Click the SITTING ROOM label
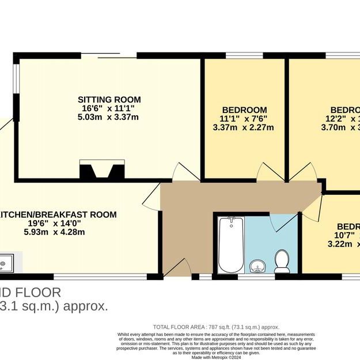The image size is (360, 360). (x=109, y=100)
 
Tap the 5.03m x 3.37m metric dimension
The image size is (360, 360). (x=109, y=118)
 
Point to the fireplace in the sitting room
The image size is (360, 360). (x=102, y=170)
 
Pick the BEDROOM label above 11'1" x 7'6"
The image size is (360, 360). (x=244, y=110)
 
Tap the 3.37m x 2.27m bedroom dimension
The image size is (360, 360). (x=244, y=128)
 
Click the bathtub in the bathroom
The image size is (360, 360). (x=231, y=245)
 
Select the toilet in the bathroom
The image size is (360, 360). (x=282, y=261)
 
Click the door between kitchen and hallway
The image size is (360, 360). (x=151, y=198)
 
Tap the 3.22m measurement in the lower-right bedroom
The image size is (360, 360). (x=339, y=244)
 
